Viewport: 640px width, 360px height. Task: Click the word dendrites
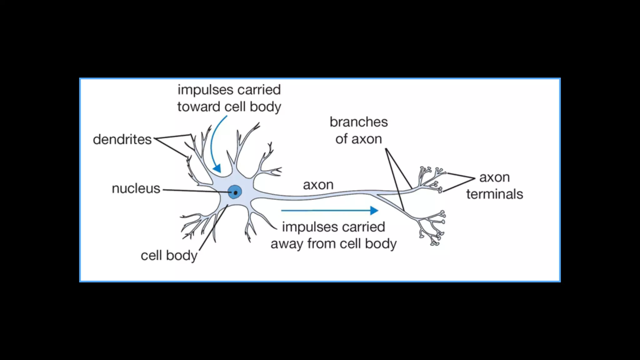[x=122, y=139]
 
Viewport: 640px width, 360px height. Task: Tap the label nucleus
[x=136, y=188]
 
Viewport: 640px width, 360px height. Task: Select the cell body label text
[x=169, y=256]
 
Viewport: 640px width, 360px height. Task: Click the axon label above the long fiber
[x=318, y=185]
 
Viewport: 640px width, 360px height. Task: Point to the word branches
[x=358, y=122]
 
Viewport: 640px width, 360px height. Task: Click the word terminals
[x=494, y=194]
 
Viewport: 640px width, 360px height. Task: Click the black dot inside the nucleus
[x=235, y=193]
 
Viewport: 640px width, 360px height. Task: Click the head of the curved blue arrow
[x=217, y=168]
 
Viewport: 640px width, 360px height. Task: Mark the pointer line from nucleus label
[x=194, y=191]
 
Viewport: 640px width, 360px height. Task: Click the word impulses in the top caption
[x=204, y=90]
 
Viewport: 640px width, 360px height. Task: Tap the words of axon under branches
[x=358, y=139]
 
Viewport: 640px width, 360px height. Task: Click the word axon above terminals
[x=494, y=177]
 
